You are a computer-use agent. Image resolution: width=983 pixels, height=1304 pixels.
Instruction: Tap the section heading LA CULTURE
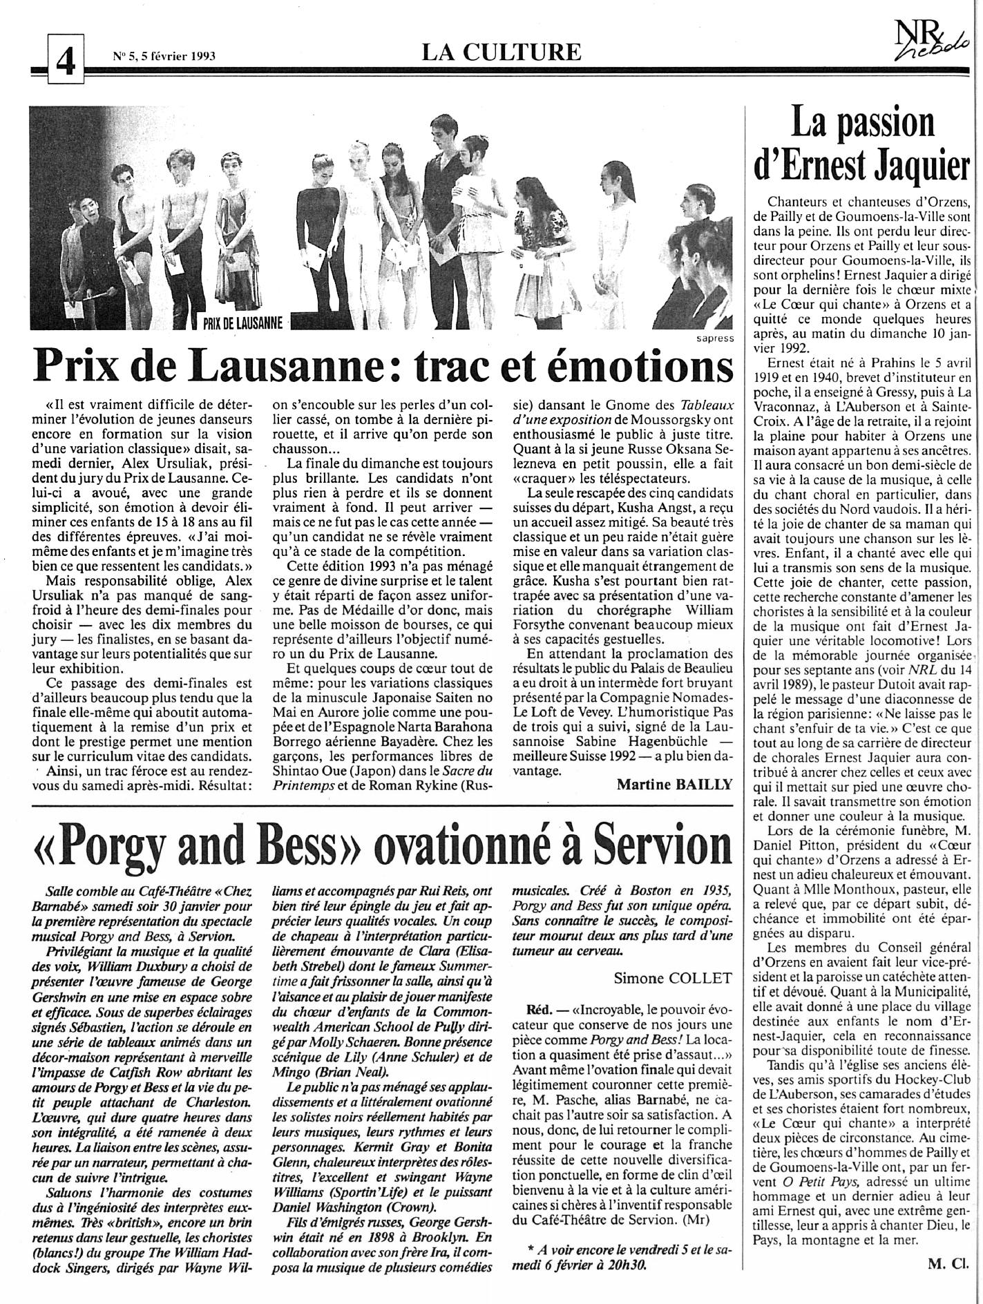click(x=502, y=51)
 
